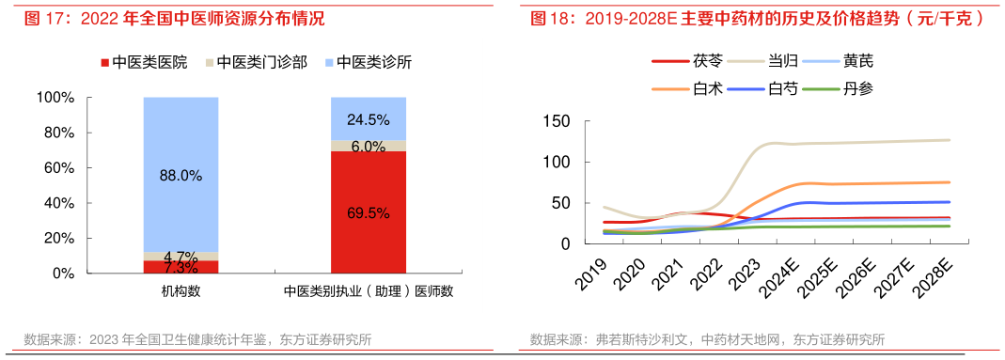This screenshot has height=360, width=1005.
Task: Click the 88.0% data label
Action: pyautogui.click(x=181, y=175)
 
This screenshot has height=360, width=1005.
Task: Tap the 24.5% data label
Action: pyautogui.click(x=369, y=119)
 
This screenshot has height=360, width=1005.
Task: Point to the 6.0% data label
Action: pyautogui.click(x=369, y=146)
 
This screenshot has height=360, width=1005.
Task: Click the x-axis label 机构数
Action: pyautogui.click(x=181, y=291)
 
